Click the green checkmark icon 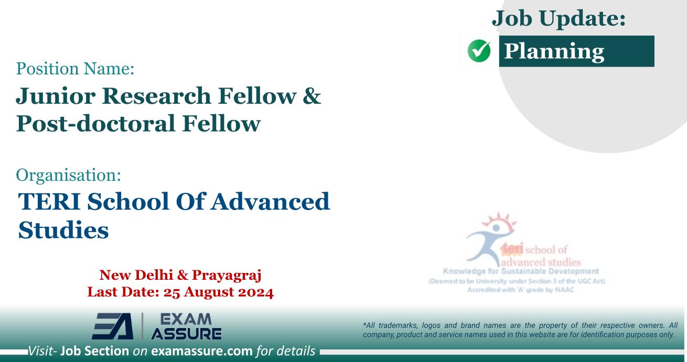[478, 52]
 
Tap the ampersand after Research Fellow [313, 96]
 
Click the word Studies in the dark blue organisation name [63, 229]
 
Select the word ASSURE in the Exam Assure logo [186, 333]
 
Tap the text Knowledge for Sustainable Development [521, 271]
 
